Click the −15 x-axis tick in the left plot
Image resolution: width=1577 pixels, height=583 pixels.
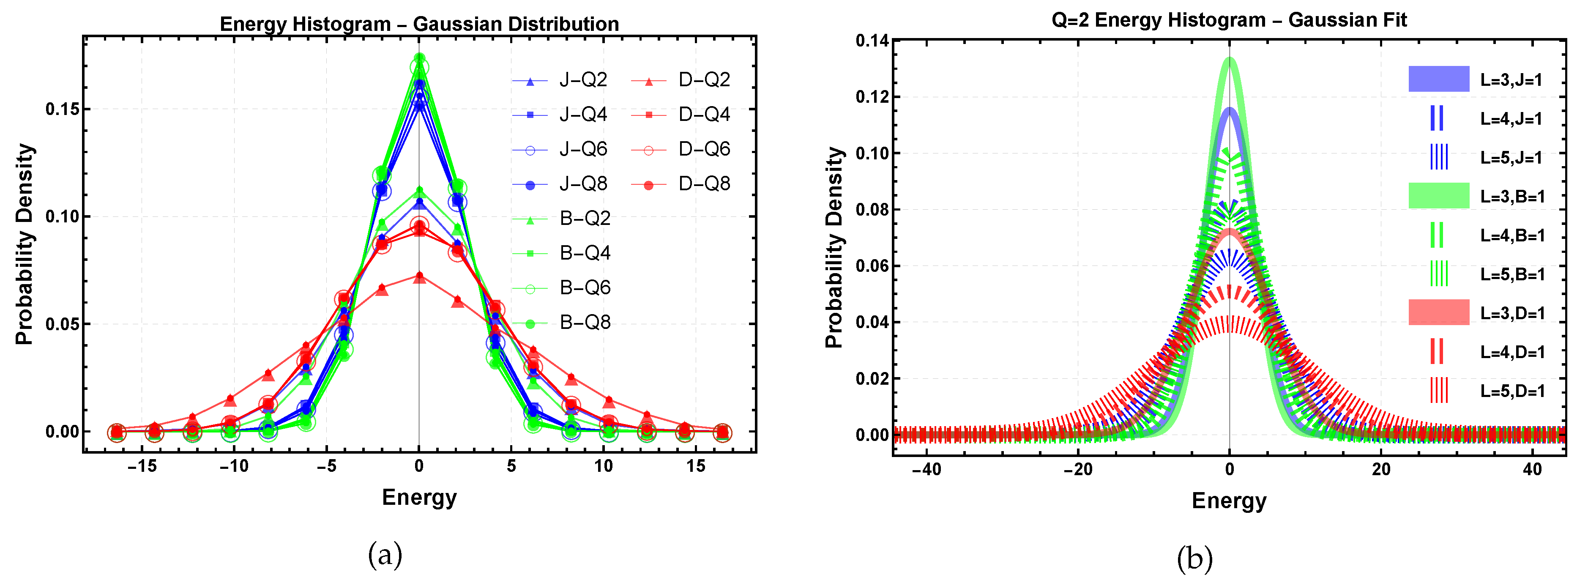[142, 467]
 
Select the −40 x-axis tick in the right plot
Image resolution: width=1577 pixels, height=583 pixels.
[926, 470]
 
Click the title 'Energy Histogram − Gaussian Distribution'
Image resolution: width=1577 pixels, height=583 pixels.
[419, 24]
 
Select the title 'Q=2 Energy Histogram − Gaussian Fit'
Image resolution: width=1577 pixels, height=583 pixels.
[1229, 20]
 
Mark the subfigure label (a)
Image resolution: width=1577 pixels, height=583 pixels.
[385, 555]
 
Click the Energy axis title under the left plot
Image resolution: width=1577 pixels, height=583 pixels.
[419, 497]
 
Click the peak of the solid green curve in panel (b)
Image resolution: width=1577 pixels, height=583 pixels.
[1229, 60]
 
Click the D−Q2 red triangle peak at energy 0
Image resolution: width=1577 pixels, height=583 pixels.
[419, 277]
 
